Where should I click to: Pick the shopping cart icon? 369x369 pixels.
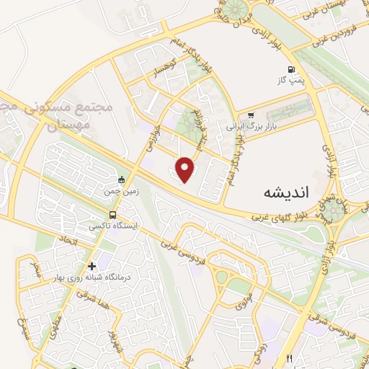(x=251, y=115)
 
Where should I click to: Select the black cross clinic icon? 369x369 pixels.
(x=91, y=266)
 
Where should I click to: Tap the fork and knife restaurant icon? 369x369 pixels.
(x=290, y=358)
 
